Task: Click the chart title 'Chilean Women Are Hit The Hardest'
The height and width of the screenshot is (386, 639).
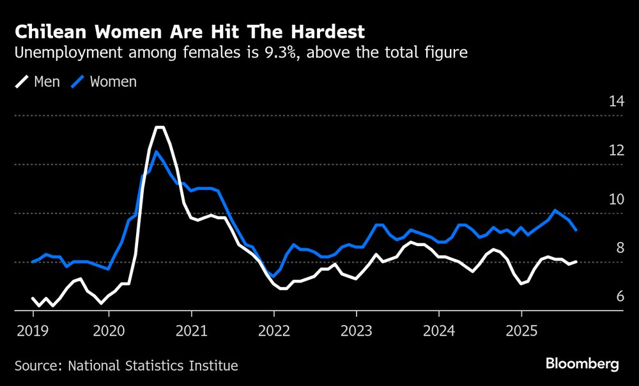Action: (x=190, y=31)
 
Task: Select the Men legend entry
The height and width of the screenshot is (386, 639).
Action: (x=38, y=82)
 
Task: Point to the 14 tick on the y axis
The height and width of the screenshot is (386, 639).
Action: (x=616, y=101)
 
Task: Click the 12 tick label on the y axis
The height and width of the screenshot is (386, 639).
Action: (x=616, y=150)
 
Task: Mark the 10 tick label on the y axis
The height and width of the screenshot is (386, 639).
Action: (x=616, y=199)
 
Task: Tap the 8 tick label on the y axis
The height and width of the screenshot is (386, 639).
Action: (x=619, y=248)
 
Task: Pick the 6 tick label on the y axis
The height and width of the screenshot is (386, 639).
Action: (x=619, y=297)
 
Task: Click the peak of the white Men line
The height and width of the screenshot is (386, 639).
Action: (x=160, y=128)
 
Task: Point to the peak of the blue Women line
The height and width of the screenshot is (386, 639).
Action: (x=156, y=151)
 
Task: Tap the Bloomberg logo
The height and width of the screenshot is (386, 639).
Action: (x=582, y=364)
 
